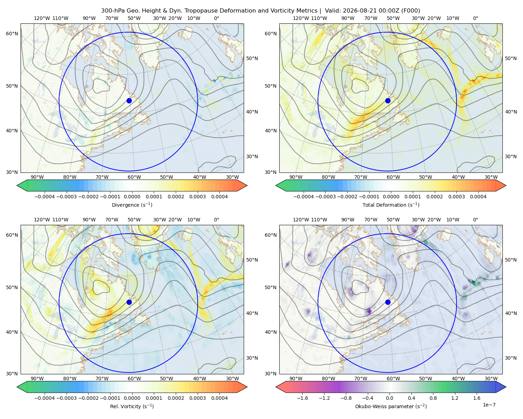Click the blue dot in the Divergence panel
pyautogui.click(x=129, y=101)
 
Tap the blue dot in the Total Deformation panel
pyautogui.click(x=388, y=101)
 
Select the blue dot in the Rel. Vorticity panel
pyautogui.click(x=129, y=302)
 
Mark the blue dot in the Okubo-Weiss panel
pyautogui.click(x=388, y=302)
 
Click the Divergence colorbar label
pyautogui.click(x=132, y=205)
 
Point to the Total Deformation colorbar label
pyautogui.click(x=391, y=205)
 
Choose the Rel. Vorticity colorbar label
pyautogui.click(x=132, y=406)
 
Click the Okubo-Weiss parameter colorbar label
pyautogui.click(x=391, y=406)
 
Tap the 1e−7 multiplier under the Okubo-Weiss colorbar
pyautogui.click(x=489, y=405)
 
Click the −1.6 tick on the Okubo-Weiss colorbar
pyautogui.click(x=302, y=398)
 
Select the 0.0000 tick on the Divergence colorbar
pyautogui.click(x=132, y=197)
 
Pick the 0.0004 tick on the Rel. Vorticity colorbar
pyautogui.click(x=219, y=398)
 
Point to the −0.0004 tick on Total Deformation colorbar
pyautogui.click(x=304, y=197)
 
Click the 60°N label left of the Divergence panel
pyautogui.click(x=12, y=34)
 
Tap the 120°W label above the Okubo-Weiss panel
pyautogui.click(x=301, y=220)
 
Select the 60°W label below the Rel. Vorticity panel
pyautogui.click(x=134, y=378)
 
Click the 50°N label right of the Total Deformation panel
pyautogui.click(x=511, y=58)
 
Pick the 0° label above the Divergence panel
pyautogui.click(x=217, y=18)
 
